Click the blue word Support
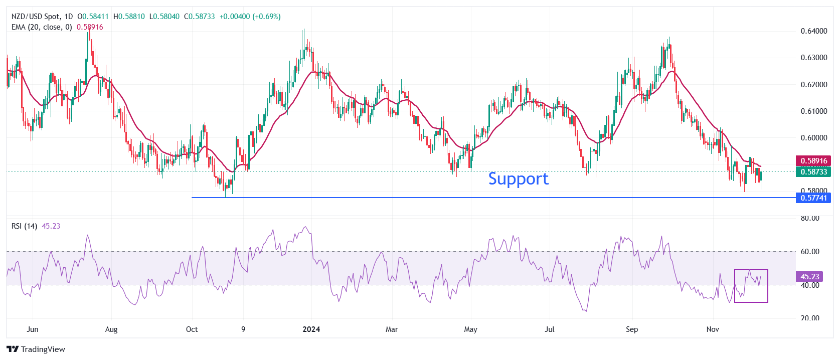tap(518, 179)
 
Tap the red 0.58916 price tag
tap(813, 161)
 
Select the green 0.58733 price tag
tap(813, 172)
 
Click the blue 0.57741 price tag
tap(813, 198)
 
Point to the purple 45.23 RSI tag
tap(809, 277)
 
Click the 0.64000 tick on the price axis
tap(813, 31)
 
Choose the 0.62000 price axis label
tap(813, 85)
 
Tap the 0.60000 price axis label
tap(813, 138)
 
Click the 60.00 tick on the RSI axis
tap(810, 252)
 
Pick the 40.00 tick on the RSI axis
tap(810, 285)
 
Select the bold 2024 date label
tap(311, 329)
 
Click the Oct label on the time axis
tap(192, 329)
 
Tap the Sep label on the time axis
tap(632, 329)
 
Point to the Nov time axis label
tap(713, 329)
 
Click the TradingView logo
tap(36, 349)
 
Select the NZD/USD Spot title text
tap(36, 17)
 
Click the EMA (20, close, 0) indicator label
tap(42, 27)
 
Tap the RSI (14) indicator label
tap(24, 226)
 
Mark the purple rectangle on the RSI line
tap(751, 286)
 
